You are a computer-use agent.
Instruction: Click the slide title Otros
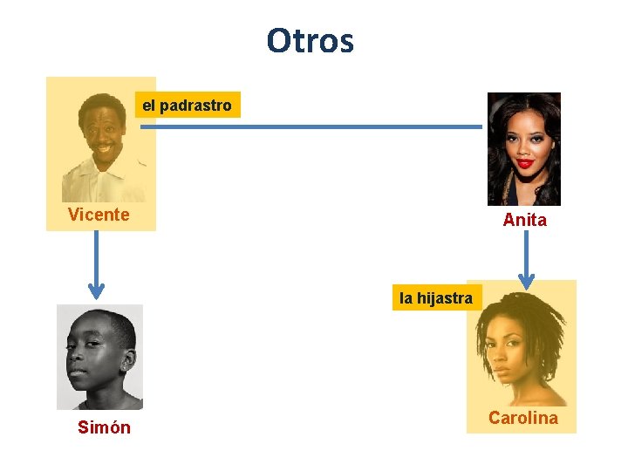[311, 40]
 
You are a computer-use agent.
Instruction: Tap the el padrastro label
[187, 106]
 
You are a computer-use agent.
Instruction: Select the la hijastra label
[435, 297]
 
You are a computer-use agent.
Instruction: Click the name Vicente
[99, 215]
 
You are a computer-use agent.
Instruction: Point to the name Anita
[524, 221]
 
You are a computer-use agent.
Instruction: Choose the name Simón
[104, 427]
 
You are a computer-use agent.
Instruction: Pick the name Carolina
[522, 418]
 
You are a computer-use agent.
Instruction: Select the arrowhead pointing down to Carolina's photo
[526, 280]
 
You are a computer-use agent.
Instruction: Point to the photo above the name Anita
[523, 148]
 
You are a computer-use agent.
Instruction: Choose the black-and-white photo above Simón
[99, 357]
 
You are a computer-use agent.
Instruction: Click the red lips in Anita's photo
[524, 163]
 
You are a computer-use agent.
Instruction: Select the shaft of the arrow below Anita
[526, 253]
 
